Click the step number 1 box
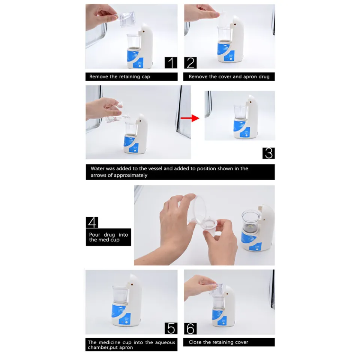click(171, 62)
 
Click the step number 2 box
click(190, 62)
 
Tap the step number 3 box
click(268, 153)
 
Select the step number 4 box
click(92, 222)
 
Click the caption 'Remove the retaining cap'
click(120, 76)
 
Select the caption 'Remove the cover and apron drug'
click(229, 76)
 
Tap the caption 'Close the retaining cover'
click(218, 342)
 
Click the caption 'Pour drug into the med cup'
click(108, 237)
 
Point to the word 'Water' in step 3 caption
click(97, 168)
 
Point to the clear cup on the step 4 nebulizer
click(250, 219)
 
